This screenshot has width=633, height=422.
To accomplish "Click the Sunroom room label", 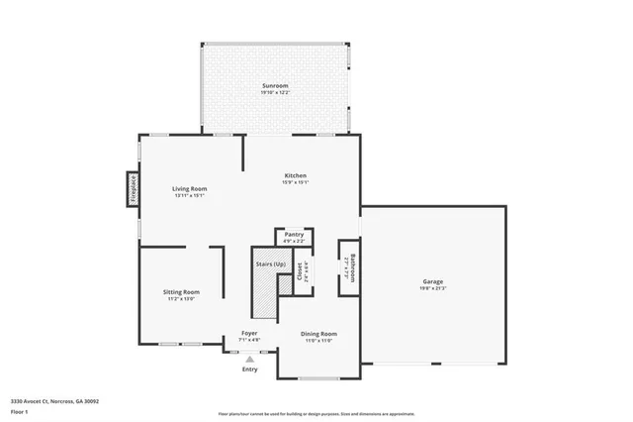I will (x=274, y=86).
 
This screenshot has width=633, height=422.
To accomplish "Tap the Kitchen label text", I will (x=296, y=174).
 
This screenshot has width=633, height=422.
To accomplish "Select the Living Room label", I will (x=189, y=187).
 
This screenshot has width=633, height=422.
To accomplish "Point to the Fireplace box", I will (x=131, y=189).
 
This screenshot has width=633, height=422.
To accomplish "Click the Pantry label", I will (x=294, y=235).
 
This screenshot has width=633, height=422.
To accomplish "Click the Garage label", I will (x=433, y=281).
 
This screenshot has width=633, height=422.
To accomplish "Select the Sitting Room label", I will (x=182, y=291).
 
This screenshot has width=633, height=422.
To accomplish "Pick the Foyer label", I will (x=250, y=333).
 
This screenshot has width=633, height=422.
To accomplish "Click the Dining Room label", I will (x=319, y=334).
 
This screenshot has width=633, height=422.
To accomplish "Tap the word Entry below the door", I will (x=250, y=369).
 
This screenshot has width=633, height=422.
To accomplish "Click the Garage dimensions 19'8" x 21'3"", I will (x=433, y=289).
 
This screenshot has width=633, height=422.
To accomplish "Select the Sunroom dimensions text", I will (x=274, y=94).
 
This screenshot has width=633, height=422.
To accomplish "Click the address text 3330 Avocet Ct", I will (x=54, y=400).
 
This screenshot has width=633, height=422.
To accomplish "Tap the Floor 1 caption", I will (x=21, y=410).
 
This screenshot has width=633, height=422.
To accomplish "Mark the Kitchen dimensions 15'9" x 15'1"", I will (x=296, y=182).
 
